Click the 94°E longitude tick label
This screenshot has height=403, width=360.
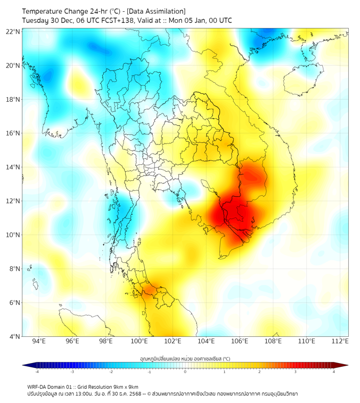point(39,341)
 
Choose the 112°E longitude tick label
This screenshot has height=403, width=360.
point(340,341)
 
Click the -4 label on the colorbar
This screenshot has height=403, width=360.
point(37,372)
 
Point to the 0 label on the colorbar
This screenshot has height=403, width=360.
point(185,372)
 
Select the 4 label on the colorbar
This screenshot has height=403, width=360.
point(334,372)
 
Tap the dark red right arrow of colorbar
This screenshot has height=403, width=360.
point(345,365)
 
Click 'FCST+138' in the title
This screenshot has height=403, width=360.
point(113,20)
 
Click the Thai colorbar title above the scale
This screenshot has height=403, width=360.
point(185,359)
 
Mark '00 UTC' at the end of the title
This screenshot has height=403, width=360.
point(219,20)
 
